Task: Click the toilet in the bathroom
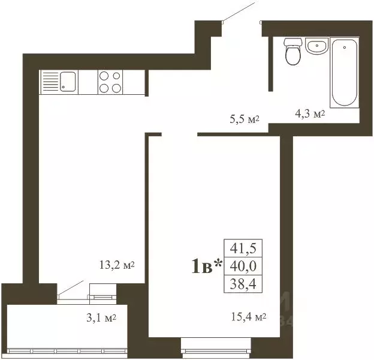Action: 293,53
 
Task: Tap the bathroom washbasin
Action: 316,46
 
